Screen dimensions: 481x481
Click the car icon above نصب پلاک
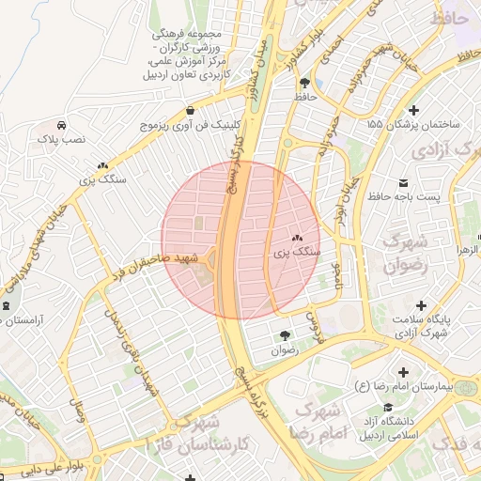(61, 125)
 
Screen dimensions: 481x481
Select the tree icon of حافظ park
(303, 83)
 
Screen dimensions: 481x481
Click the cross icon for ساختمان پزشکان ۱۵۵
(414, 110)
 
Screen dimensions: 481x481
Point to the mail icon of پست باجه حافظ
(403, 180)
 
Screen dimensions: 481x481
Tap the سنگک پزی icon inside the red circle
(297, 239)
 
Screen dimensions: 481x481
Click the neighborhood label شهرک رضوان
(407, 254)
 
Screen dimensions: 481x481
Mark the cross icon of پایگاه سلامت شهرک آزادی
(421, 306)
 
